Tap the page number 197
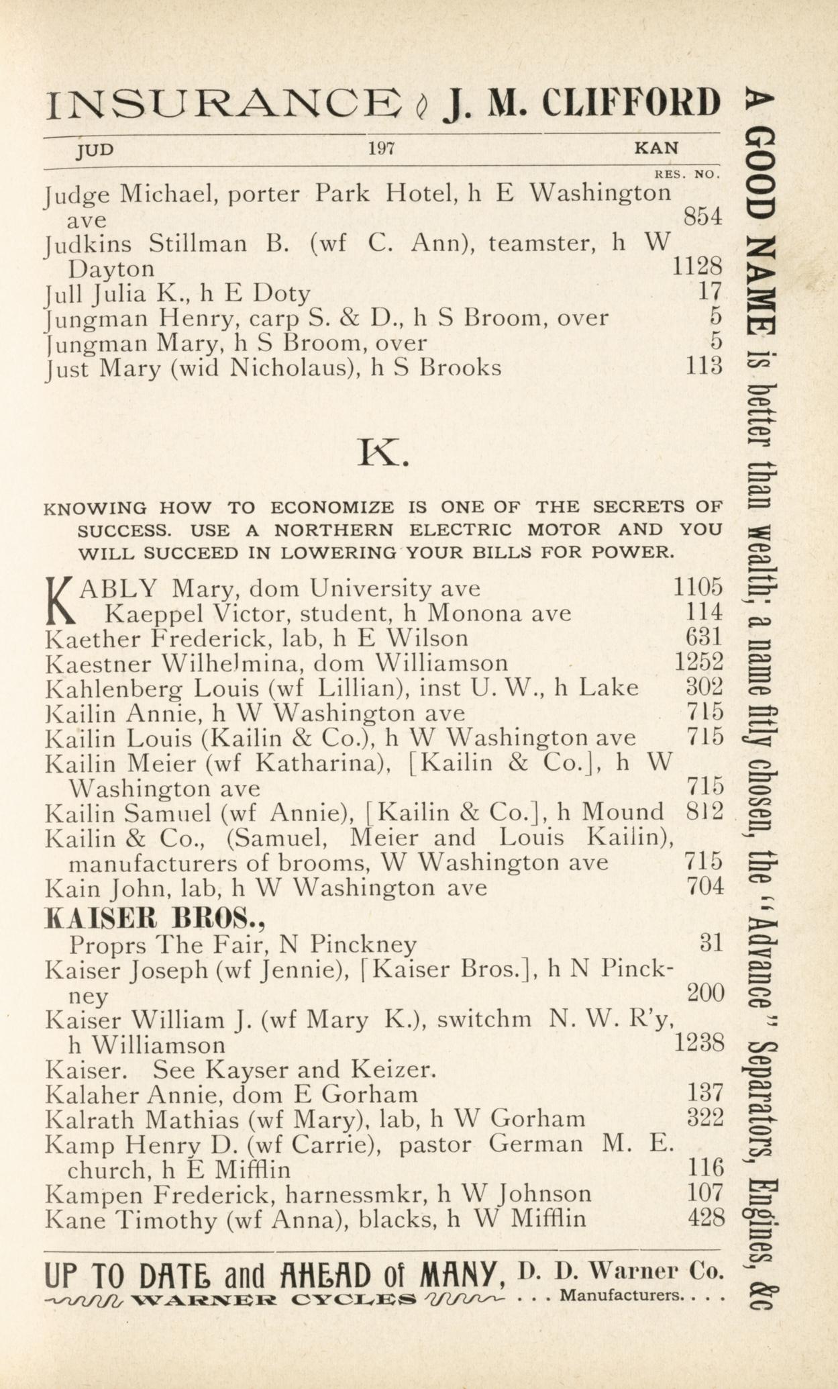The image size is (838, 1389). pos(381,148)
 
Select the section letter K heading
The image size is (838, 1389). pos(383,453)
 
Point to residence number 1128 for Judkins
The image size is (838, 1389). pos(697,267)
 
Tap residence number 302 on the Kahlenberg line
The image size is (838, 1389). pos(705,687)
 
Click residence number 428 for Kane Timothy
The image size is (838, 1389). pos(706,1218)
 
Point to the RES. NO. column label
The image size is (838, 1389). pos(687,175)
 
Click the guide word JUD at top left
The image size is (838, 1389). pos(95,149)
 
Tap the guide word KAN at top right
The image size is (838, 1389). pos(656,148)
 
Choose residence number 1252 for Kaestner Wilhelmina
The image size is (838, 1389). pos(698,662)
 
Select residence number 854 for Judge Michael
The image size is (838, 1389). pos(702,217)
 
